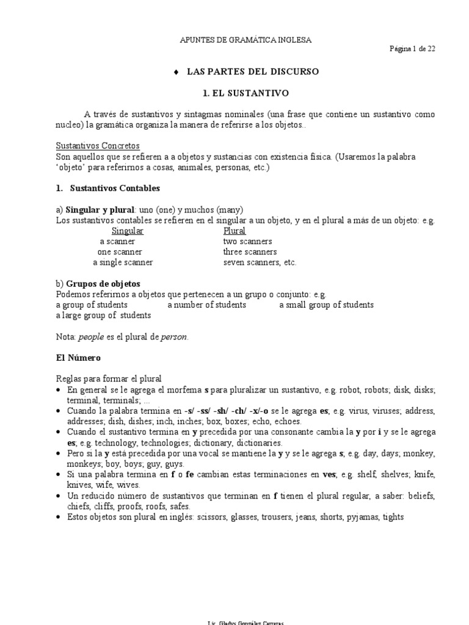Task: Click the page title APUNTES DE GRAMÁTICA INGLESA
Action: [x=246, y=40]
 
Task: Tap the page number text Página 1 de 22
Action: [x=412, y=49]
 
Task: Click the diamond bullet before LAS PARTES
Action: [x=176, y=72]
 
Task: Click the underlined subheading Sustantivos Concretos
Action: [x=98, y=146]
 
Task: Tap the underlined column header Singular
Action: [x=128, y=231]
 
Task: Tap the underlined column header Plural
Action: [x=234, y=231]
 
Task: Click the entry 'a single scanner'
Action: [x=123, y=262]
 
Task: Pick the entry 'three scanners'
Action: [x=250, y=252]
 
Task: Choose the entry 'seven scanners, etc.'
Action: [x=260, y=262]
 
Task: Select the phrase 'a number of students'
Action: [x=206, y=305]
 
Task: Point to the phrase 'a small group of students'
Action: [x=326, y=305]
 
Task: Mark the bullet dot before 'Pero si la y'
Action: [x=59, y=453]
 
